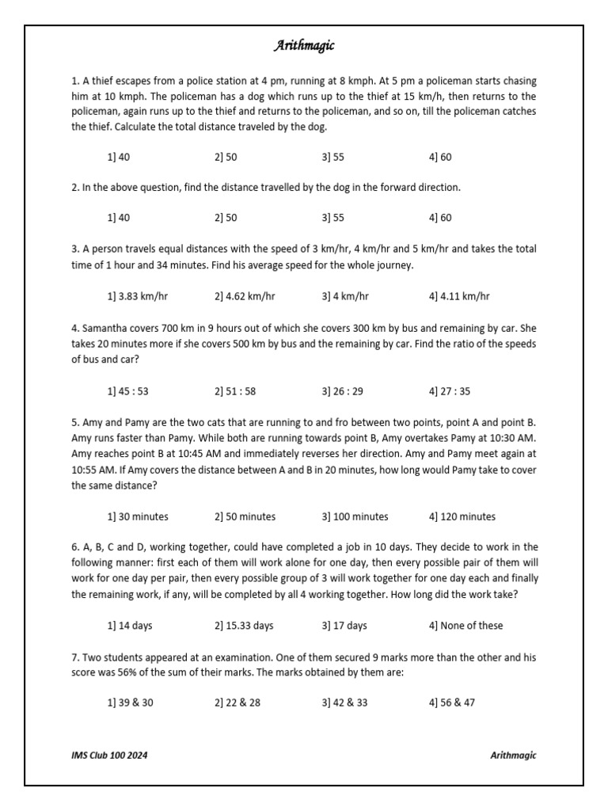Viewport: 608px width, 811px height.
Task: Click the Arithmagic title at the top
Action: coord(303,46)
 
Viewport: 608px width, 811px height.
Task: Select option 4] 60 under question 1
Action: coord(440,157)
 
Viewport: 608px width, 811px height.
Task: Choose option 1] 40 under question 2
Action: coord(118,218)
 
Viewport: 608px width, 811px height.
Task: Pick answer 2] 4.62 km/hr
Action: coord(245,296)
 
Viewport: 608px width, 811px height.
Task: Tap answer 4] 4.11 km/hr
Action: coord(459,296)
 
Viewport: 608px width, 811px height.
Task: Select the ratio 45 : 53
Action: coord(127,391)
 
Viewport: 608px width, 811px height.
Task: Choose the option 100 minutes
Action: coord(355,516)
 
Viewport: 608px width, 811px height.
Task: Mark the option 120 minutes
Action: coord(462,516)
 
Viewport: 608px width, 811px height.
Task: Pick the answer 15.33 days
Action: coord(244,626)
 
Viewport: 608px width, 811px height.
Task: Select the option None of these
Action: coord(465,626)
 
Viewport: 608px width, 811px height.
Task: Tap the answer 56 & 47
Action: coord(452,702)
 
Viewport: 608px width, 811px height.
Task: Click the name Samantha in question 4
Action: coord(105,328)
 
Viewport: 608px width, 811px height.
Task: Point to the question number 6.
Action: coord(74,547)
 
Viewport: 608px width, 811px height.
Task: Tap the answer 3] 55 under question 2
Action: coord(333,218)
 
